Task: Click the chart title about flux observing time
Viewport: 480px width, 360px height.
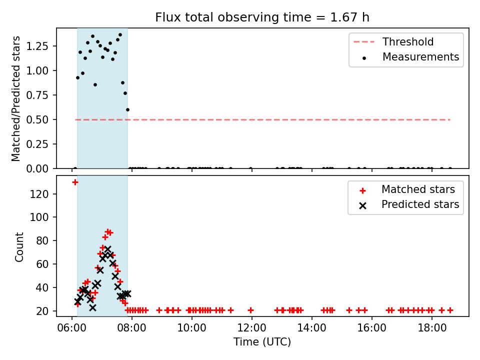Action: pyautogui.click(x=262, y=17)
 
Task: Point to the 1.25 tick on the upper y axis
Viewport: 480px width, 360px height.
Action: pyautogui.click(x=37, y=46)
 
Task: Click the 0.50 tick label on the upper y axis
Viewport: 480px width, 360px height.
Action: pyautogui.click(x=37, y=119)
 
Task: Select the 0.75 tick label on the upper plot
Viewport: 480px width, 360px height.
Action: pyautogui.click(x=37, y=95)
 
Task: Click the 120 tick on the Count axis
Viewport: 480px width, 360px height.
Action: pyautogui.click(x=39, y=194)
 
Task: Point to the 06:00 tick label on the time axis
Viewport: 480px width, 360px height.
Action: pyautogui.click(x=71, y=328)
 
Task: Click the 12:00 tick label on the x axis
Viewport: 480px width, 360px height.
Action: pyautogui.click(x=251, y=328)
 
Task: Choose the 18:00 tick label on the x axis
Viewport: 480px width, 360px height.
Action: pyautogui.click(x=431, y=328)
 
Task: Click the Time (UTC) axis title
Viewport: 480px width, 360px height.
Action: pyautogui.click(x=262, y=341)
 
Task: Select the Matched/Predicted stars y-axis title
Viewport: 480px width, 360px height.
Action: pyautogui.click(x=15, y=98)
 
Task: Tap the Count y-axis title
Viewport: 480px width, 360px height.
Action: pyautogui.click(x=19, y=247)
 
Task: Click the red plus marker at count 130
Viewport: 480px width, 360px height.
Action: pyautogui.click(x=75, y=182)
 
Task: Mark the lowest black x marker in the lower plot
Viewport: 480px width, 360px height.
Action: pyautogui.click(x=93, y=307)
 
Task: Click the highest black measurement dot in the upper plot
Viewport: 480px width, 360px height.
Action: pyautogui.click(x=120, y=35)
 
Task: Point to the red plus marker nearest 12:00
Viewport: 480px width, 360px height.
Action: pyautogui.click(x=250, y=310)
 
